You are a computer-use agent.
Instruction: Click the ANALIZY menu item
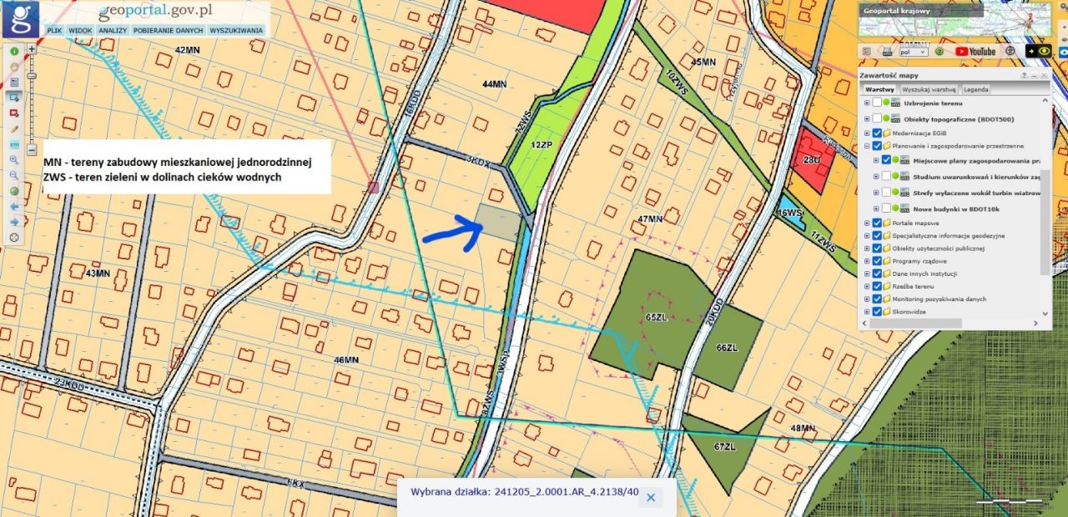112,30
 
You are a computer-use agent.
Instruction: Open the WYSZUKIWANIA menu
236,30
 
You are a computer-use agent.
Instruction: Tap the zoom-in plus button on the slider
32,49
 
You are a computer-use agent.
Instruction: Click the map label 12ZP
542,143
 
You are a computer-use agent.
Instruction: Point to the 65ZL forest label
657,318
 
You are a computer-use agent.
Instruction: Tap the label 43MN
98,274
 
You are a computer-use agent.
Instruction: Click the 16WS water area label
789,213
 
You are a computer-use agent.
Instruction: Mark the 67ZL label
724,447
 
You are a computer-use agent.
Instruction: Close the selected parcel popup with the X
651,497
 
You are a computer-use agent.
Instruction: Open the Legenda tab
975,89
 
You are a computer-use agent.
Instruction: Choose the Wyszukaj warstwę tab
929,89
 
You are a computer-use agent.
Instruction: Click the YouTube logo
975,52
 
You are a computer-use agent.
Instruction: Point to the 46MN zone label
345,360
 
